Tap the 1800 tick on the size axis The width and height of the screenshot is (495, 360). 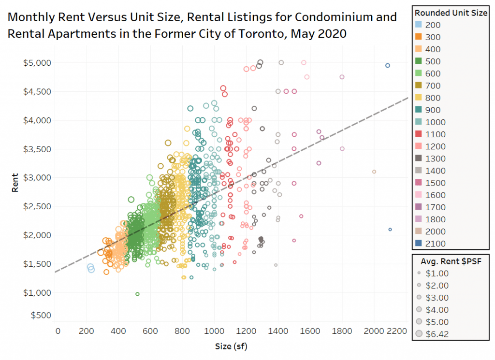pyautogui.click(x=342, y=331)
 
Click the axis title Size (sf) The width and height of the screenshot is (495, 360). pyautogui.click(x=232, y=346)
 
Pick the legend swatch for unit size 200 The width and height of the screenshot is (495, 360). pyautogui.click(x=420, y=25)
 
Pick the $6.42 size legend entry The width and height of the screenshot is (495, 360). pyautogui.click(x=419, y=334)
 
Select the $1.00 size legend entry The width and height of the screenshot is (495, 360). pyautogui.click(x=419, y=274)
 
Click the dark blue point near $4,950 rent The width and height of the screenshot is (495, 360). pyautogui.click(x=387, y=65)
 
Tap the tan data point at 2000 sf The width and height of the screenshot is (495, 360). pyautogui.click(x=374, y=172)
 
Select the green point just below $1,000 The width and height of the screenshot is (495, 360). pyautogui.click(x=137, y=294)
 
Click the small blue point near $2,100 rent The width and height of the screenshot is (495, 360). pyautogui.click(x=390, y=230)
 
